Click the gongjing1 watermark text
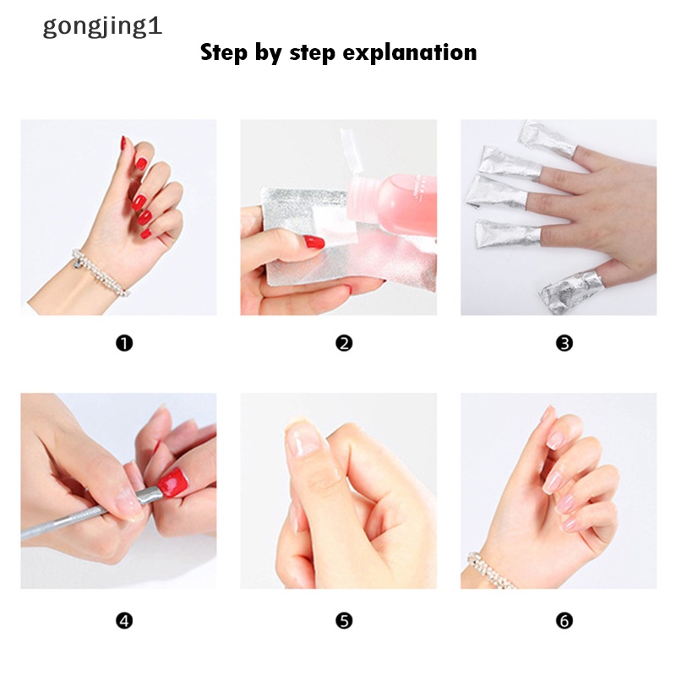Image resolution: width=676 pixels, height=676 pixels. (x=102, y=27)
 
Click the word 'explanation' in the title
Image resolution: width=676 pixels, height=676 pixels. (x=410, y=53)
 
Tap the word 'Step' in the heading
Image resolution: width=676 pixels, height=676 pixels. (x=224, y=53)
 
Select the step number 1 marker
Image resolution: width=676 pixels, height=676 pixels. (x=124, y=344)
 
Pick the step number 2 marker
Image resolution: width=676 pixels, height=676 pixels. (x=344, y=344)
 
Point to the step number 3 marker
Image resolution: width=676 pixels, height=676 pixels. (x=564, y=344)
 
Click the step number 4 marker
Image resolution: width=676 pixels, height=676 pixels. (x=124, y=621)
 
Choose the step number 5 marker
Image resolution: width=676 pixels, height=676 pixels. (x=344, y=621)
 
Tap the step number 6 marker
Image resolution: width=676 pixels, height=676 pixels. (x=564, y=621)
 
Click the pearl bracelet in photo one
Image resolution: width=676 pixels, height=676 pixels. (x=100, y=272)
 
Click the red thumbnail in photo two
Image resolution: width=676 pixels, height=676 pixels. (x=313, y=242)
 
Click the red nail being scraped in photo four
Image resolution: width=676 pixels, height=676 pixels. (x=173, y=482)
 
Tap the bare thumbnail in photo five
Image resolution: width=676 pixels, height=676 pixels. (x=304, y=439)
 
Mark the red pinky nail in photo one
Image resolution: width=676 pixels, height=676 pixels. (x=145, y=234)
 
